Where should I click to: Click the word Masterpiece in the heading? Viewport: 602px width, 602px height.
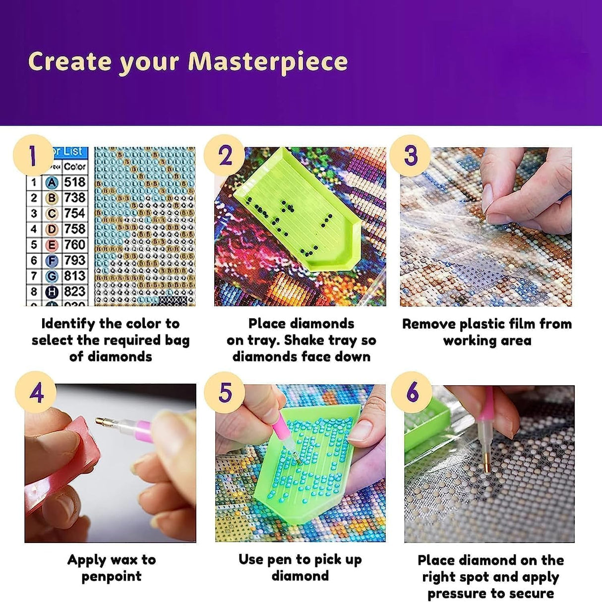(x=268, y=62)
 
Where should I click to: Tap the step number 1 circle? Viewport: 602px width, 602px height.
(x=33, y=155)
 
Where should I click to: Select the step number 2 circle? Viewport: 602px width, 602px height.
(x=225, y=155)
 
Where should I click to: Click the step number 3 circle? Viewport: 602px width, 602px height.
(x=410, y=155)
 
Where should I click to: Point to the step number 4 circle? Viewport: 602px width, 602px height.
(x=36, y=392)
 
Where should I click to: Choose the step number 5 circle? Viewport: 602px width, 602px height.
(x=225, y=392)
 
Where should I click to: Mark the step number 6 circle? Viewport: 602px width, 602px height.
(x=412, y=392)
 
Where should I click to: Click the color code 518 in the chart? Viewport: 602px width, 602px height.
(x=75, y=182)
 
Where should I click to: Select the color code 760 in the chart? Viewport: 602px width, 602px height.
(x=75, y=244)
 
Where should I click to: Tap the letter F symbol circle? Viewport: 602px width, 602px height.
(x=52, y=261)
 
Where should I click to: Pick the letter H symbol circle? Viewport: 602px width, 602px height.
(x=52, y=292)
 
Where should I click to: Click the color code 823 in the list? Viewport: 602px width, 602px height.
(x=75, y=292)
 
